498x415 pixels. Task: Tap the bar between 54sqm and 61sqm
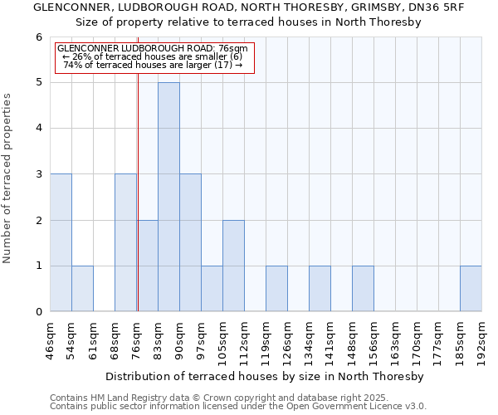pos(82,288)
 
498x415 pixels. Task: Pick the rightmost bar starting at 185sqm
pos(471,288)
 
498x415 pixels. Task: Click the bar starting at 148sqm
pos(363,288)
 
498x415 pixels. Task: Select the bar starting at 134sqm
pos(320,288)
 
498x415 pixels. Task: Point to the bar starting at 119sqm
pos(276,288)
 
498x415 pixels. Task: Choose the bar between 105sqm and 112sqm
pos(233,266)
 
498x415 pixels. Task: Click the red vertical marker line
pos(138,207)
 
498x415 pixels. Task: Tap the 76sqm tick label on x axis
pos(137,337)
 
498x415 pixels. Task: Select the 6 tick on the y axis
pos(38,37)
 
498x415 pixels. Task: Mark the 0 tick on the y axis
pos(38,312)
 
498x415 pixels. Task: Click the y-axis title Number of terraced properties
pos(7,178)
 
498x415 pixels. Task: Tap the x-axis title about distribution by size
pos(266,376)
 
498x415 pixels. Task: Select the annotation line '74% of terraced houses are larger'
pos(153,65)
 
